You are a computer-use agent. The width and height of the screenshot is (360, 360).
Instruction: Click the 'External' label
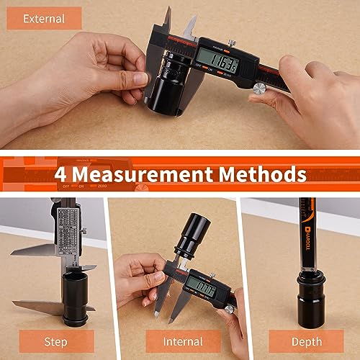point(44,19)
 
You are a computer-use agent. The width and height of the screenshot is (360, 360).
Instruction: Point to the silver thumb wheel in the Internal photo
point(229,309)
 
